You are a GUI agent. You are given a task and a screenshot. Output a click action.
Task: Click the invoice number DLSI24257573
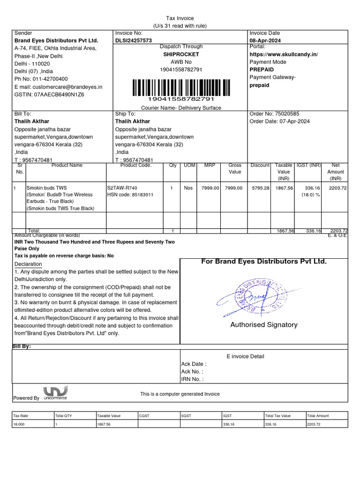click(x=134, y=41)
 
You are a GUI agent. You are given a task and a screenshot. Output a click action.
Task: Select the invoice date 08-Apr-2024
click(x=265, y=41)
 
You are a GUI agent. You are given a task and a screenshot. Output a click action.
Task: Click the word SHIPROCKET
click(x=181, y=54)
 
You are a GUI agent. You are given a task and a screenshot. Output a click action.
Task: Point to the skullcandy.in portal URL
click(x=284, y=54)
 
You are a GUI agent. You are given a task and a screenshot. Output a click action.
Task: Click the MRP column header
click(x=210, y=165)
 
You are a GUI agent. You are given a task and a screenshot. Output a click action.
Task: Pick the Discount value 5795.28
click(x=261, y=188)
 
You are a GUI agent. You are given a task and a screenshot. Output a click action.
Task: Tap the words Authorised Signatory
click(x=263, y=325)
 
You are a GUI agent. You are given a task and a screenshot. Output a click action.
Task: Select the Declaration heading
click(x=29, y=264)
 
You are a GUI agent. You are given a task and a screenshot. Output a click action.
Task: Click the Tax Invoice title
click(x=180, y=18)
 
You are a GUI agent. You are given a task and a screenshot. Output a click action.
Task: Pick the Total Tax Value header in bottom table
click(x=278, y=416)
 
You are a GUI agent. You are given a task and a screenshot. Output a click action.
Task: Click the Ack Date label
click(x=193, y=364)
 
